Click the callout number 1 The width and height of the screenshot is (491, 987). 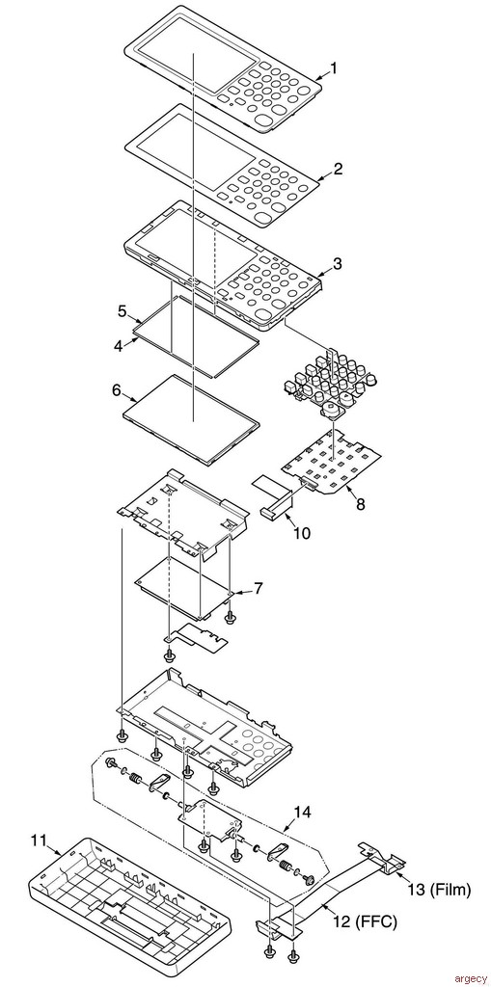334,68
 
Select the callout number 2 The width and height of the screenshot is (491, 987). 338,169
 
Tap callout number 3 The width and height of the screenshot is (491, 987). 338,264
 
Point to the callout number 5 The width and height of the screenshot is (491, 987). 123,311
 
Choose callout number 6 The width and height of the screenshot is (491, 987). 117,391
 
